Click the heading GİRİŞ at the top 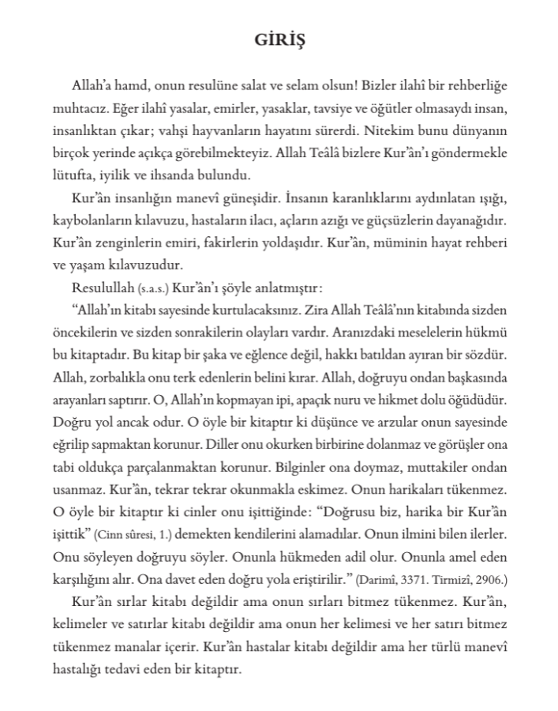point(278,41)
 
